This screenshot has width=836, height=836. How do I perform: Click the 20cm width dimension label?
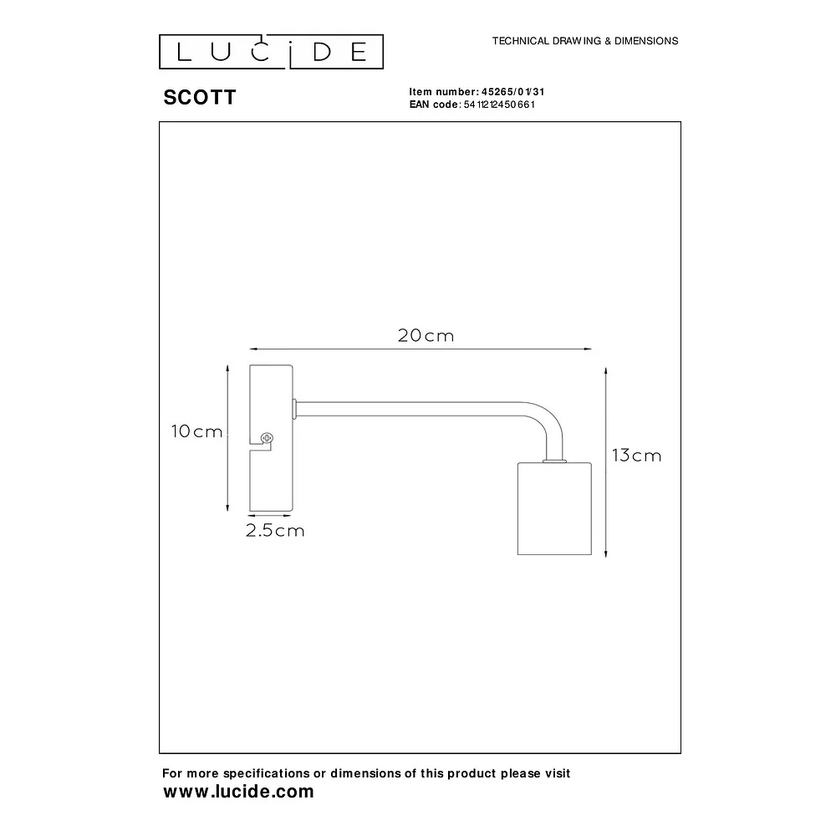pos(426,335)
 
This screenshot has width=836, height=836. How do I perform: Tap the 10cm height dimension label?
pos(196,431)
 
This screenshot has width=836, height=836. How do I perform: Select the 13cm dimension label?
pos(636,456)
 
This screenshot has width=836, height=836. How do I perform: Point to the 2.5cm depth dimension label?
pos(275,531)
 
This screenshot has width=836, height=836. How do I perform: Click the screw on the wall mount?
pos(267,438)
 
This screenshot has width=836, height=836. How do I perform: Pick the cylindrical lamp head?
pos(554,508)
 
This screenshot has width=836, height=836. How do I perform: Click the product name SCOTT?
pos(200,98)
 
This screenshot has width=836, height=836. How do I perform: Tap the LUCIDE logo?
pos(272,52)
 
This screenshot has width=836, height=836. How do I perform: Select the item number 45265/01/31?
pos(513,92)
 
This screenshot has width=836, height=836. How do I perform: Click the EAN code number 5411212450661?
pos(499,104)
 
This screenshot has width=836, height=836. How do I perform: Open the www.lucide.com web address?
pos(238,792)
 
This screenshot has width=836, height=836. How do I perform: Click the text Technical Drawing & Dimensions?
pos(585,41)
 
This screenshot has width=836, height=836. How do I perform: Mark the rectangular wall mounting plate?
pos(272,438)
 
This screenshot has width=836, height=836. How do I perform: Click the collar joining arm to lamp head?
pos(554,460)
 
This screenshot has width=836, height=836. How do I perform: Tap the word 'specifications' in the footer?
pos(266,773)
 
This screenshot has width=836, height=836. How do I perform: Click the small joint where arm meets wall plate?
pos(294,409)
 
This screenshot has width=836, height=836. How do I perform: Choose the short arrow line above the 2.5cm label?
pos(270,516)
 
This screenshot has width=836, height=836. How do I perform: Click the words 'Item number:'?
pos(444,92)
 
